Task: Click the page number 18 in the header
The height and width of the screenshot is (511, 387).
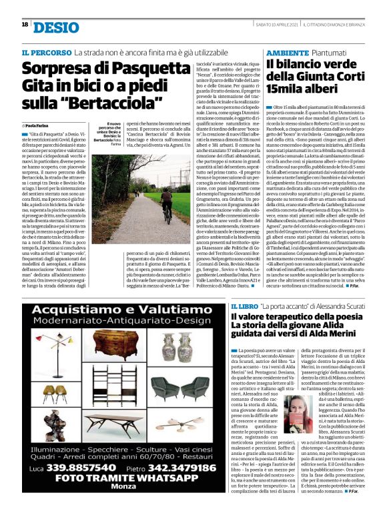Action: point(25,25)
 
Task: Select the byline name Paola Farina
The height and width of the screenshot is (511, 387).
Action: point(42,125)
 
